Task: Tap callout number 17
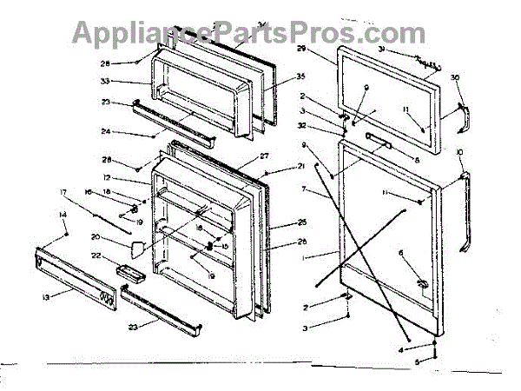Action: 63,194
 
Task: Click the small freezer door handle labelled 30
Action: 463,117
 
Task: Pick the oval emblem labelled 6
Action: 419,282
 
